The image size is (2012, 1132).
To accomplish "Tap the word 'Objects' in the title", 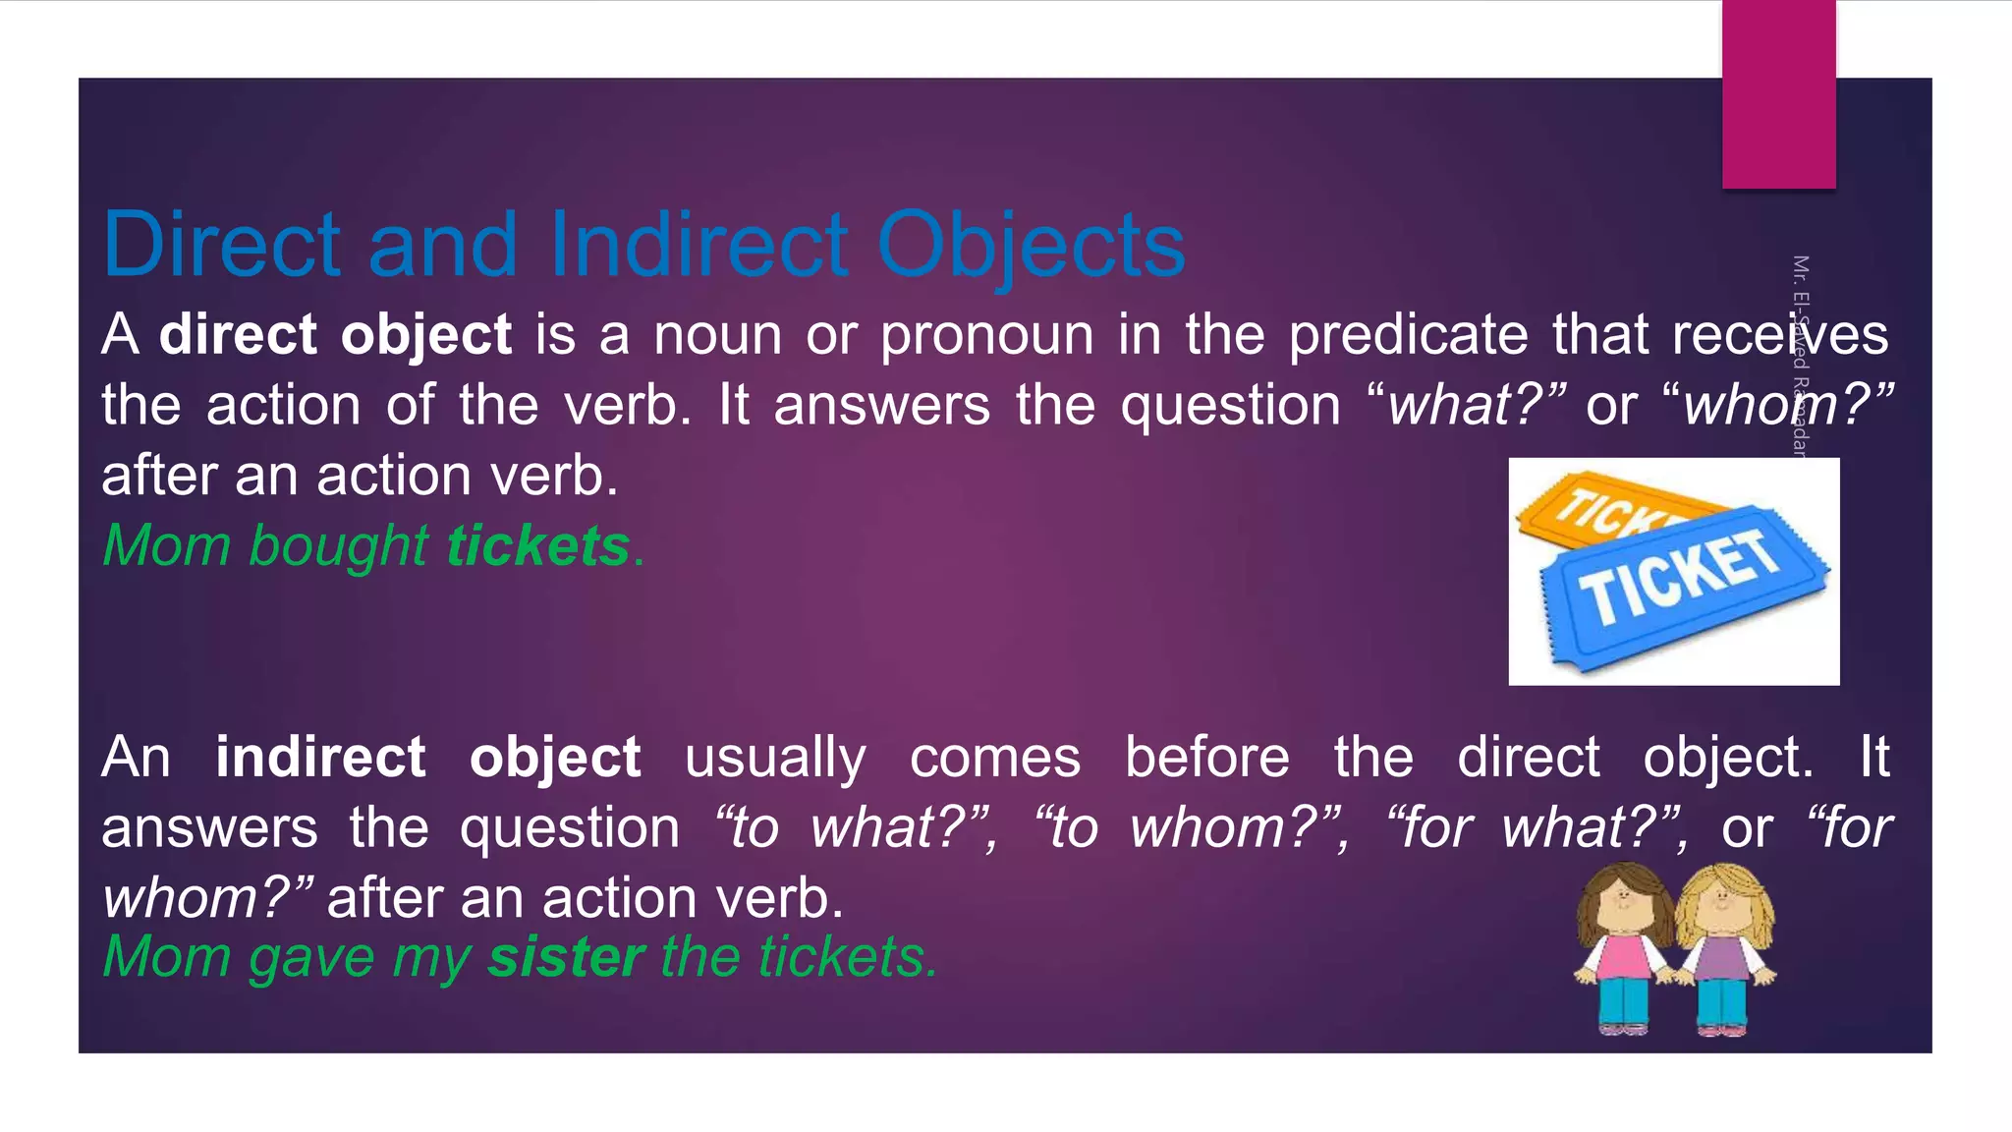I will [1031, 246].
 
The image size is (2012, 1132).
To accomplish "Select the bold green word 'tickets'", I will [537, 545].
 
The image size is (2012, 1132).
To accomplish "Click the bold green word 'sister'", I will [566, 956].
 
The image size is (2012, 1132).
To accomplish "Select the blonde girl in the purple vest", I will [1724, 948].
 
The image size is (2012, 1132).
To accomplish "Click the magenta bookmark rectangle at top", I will [1778, 94].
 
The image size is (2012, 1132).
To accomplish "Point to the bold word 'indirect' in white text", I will [320, 758].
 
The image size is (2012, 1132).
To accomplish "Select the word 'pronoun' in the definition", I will [986, 335].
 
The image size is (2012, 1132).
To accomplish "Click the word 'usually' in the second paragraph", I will [775, 758].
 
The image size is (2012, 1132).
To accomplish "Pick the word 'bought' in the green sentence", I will [338, 545].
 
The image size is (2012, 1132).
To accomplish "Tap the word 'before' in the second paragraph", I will [1206, 758].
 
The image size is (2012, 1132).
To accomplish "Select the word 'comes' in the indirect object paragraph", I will [994, 758].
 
